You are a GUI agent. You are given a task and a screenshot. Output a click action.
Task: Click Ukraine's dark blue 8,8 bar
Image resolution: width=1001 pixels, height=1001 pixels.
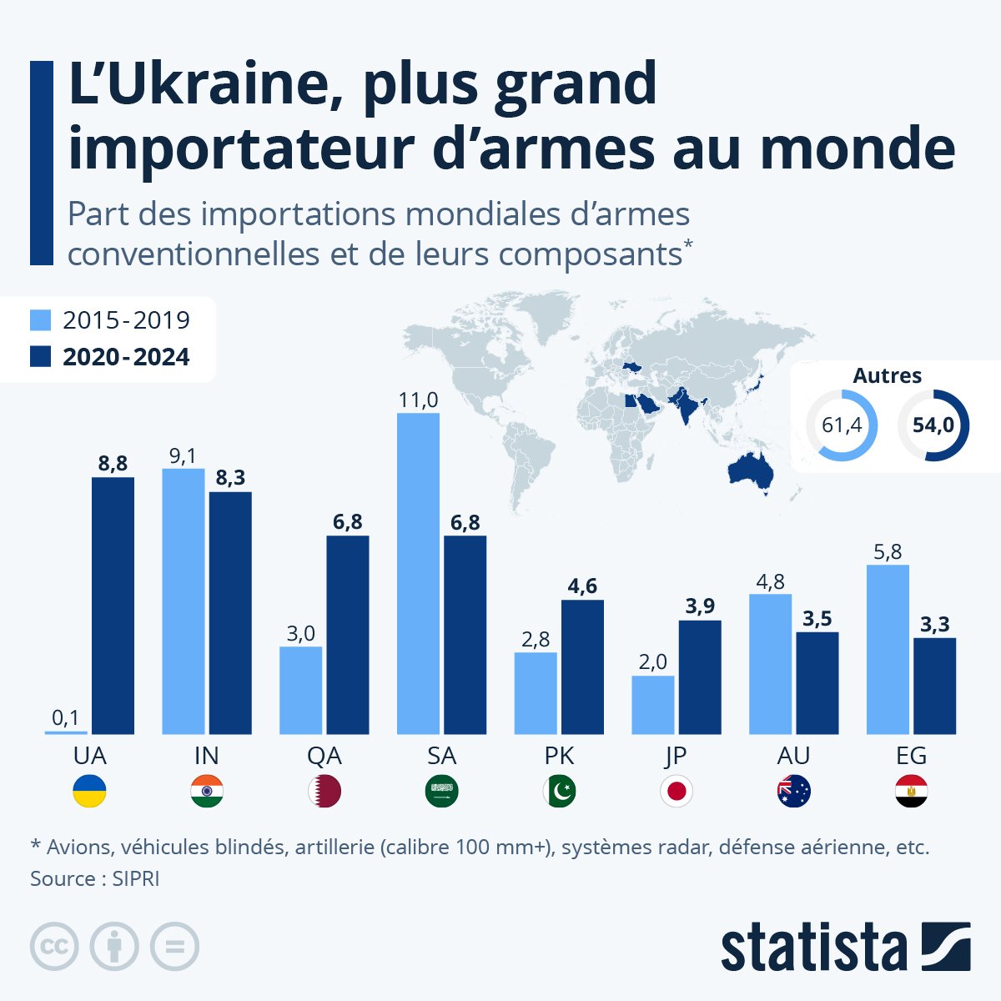coord(113,606)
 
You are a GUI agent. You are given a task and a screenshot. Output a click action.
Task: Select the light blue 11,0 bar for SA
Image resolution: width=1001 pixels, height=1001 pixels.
coord(418,573)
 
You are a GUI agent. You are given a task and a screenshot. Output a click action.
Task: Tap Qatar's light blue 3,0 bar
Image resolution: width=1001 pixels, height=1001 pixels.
coord(300,690)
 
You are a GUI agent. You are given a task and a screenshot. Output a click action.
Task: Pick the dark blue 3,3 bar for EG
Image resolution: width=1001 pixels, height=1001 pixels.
coord(934,686)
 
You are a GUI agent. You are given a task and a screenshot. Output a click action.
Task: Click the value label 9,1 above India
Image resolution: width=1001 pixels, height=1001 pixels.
coord(183,456)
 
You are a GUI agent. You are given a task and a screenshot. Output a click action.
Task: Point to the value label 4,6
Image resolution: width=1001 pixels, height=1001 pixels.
coord(582,586)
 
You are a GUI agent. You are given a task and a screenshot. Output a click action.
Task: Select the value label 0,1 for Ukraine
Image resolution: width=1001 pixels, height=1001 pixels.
coord(65,717)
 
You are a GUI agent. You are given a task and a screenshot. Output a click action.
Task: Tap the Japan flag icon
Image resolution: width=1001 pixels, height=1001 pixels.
coord(676,791)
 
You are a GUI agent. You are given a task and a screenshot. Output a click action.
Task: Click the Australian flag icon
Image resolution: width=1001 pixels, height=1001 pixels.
coord(793,791)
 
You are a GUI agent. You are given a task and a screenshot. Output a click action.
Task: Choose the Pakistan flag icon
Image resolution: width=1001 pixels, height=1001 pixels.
coord(559,791)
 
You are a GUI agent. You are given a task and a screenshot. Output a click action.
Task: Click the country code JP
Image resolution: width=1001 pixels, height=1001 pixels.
coord(676,756)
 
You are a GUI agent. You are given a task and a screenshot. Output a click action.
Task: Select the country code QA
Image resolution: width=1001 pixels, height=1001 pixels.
coord(324,756)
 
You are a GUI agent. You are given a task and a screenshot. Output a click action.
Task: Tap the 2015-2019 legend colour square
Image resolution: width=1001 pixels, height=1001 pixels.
coord(41,320)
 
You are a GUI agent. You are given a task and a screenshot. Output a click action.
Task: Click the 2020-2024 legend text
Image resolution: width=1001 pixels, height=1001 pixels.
coord(126,357)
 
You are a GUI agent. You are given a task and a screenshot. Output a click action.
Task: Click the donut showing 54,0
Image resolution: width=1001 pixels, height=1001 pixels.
coord(933,425)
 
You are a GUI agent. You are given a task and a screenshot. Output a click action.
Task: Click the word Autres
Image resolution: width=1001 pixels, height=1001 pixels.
coord(887,376)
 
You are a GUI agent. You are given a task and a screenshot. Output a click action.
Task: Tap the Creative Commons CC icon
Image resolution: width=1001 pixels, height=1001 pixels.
coord(54,946)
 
